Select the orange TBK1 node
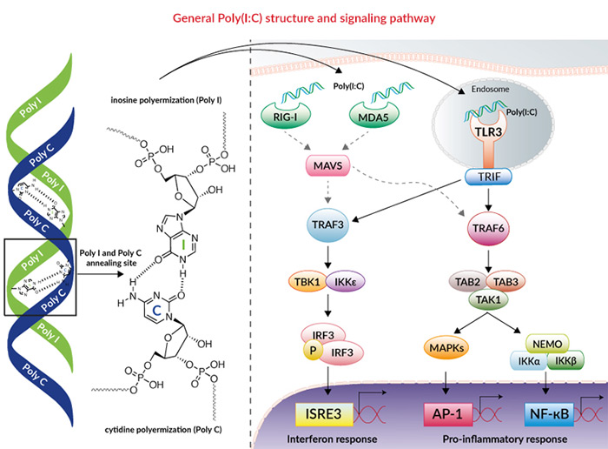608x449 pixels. coord(311,282)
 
